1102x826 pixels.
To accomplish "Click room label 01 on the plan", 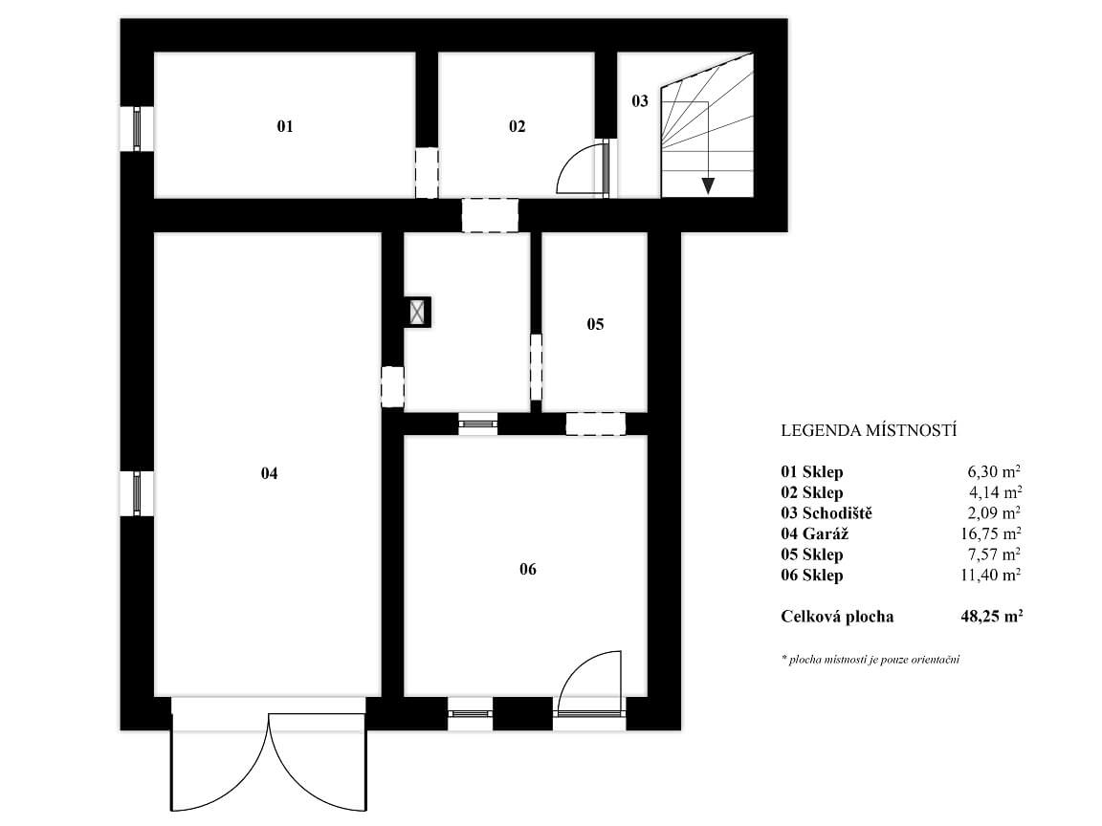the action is (x=285, y=126).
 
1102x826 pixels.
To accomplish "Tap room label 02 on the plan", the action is (x=518, y=126).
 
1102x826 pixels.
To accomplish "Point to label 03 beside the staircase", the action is (x=640, y=101).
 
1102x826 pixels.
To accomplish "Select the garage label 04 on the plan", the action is (x=269, y=473).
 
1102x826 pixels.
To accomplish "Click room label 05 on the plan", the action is (x=595, y=324).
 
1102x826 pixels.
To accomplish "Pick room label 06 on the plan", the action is (x=528, y=569).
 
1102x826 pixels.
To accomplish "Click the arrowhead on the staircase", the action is (x=708, y=185).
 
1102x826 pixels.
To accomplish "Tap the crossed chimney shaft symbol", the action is (x=418, y=312).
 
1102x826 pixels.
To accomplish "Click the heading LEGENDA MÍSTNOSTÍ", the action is (x=869, y=430).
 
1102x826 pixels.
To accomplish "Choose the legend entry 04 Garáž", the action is (x=815, y=533).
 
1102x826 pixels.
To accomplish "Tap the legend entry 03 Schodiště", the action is (x=826, y=513).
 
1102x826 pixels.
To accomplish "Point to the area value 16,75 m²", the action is (x=991, y=533).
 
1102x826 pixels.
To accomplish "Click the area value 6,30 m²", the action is (x=995, y=471).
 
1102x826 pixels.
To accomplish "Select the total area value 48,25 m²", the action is (x=991, y=617).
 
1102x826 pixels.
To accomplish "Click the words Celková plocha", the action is (x=837, y=617).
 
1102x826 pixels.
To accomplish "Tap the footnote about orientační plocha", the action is (x=871, y=660).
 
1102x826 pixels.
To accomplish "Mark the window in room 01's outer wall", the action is (x=137, y=128).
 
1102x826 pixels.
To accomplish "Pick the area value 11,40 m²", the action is (x=991, y=576).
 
